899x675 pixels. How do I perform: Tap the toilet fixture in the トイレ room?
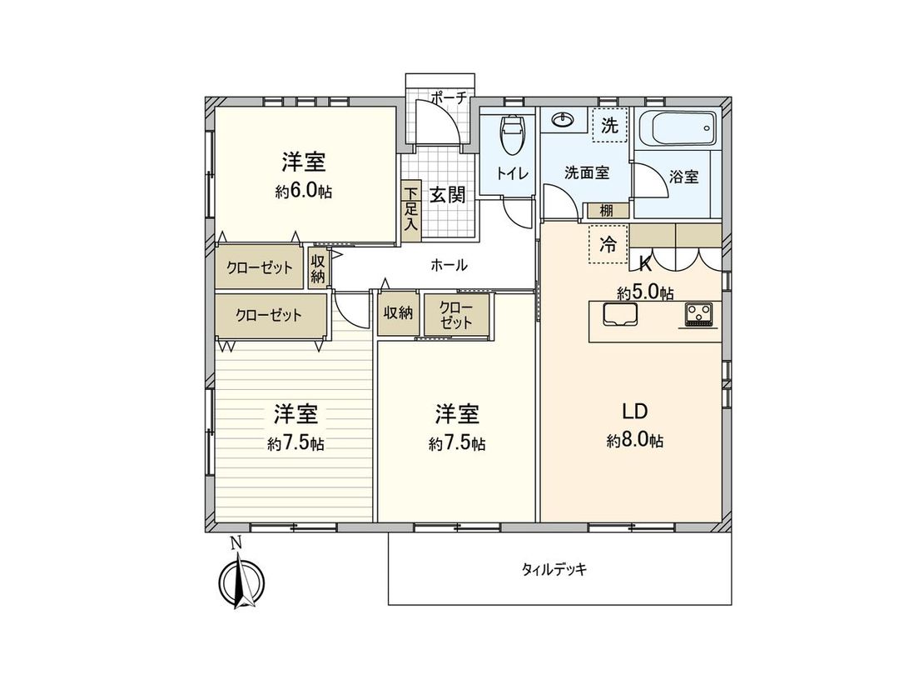coord(510,133)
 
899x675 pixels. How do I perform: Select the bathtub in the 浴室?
coord(677,129)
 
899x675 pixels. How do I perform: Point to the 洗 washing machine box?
coord(610,127)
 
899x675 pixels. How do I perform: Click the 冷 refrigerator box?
coord(608,245)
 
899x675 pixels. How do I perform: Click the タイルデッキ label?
coord(554,570)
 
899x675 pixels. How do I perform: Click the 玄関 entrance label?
coord(447,194)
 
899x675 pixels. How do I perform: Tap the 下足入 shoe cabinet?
coord(410,212)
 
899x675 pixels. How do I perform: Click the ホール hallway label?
coord(449,266)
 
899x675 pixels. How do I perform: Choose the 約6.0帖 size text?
coord(304,192)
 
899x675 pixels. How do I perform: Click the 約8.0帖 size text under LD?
coord(634,441)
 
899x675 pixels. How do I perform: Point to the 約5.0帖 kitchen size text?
coord(645,292)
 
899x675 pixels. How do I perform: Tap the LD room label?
coord(634,411)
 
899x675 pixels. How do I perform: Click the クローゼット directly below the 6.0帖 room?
coord(259,267)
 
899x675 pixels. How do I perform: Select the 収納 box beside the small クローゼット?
coord(399,312)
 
